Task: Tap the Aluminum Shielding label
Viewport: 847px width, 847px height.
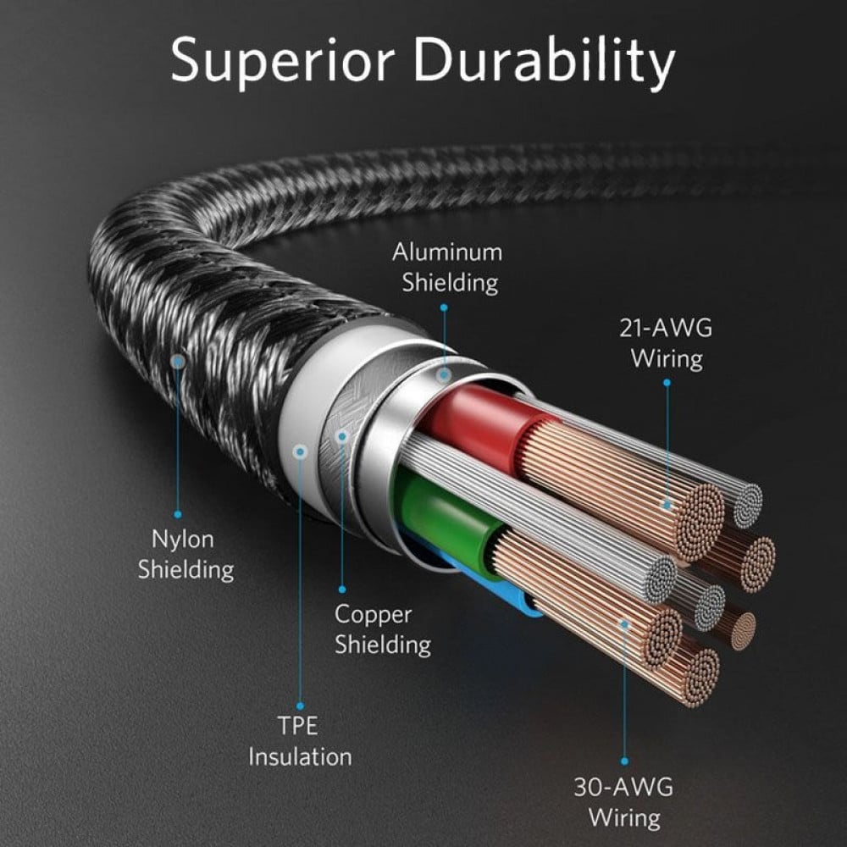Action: (446, 266)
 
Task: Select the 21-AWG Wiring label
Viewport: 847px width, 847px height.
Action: (666, 343)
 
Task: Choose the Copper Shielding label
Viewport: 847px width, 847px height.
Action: (382, 628)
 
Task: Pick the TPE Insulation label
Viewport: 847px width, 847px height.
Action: (300, 741)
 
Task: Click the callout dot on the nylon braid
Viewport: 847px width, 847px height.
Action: (177, 362)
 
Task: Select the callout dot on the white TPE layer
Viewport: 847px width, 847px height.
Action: (299, 451)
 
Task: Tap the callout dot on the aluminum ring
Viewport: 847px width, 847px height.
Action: (443, 372)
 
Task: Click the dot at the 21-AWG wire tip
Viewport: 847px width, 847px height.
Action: (667, 505)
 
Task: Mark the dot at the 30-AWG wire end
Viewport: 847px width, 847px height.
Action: (624, 625)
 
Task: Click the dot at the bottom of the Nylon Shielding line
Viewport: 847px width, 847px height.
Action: (178, 513)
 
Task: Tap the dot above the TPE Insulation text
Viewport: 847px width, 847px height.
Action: (300, 706)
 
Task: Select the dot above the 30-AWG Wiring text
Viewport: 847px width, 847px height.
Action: (624, 761)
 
